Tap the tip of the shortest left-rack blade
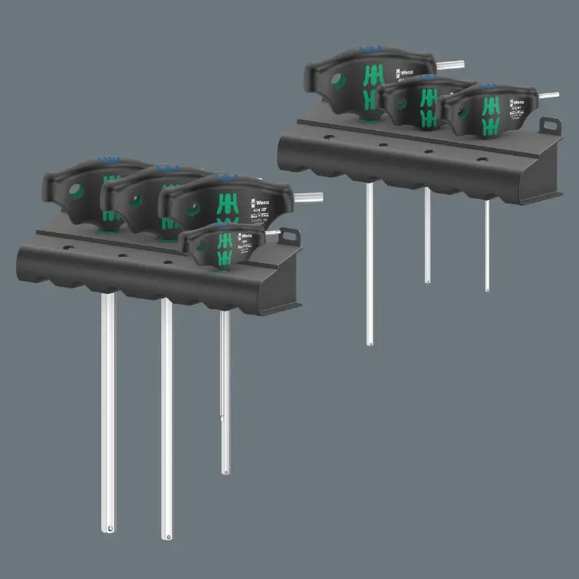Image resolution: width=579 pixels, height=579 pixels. click(225, 469)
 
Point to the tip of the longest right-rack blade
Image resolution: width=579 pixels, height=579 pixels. click(369, 344)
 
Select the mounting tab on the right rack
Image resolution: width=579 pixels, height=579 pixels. click(550, 125)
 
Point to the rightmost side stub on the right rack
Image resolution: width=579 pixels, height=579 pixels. click(549, 96)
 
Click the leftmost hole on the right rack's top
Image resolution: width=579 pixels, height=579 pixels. click(328, 138)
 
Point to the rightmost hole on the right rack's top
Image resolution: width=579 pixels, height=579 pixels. click(482, 160)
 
